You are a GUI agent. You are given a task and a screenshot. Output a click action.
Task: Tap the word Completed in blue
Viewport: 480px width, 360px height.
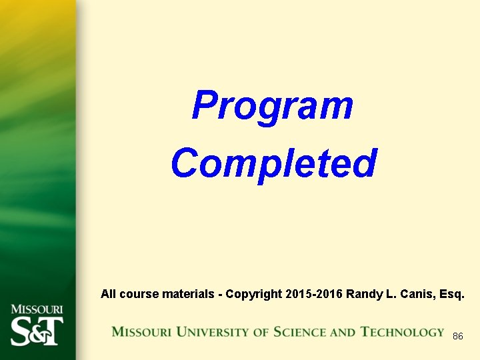[x=273, y=163]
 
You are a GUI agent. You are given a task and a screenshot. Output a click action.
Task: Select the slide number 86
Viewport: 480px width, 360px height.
[x=457, y=336]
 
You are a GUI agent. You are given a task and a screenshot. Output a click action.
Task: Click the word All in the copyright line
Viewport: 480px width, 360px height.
[x=109, y=293]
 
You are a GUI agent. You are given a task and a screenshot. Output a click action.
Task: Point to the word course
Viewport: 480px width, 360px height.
[x=137, y=293]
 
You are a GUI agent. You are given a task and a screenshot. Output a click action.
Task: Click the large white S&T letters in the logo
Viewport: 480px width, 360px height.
[x=37, y=330]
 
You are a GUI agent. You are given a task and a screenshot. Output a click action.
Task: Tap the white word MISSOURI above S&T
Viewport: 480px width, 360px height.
[x=37, y=309]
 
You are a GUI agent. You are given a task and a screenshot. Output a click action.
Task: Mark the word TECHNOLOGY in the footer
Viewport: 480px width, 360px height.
[x=402, y=332]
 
